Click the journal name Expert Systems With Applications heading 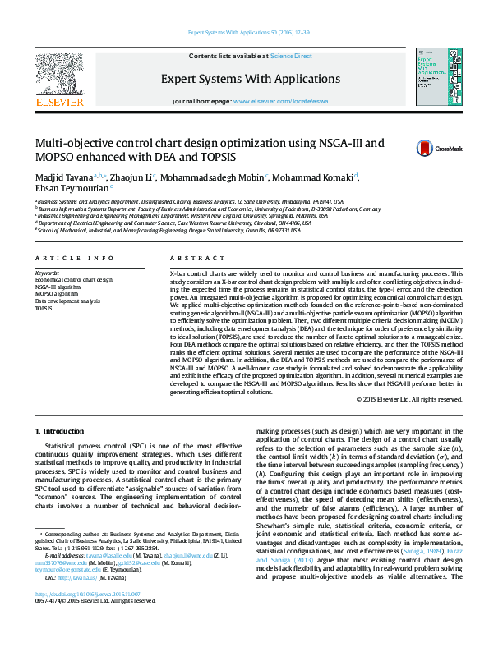click(250, 80)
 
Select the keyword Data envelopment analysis click(67, 301)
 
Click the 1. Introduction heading click(60, 430)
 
